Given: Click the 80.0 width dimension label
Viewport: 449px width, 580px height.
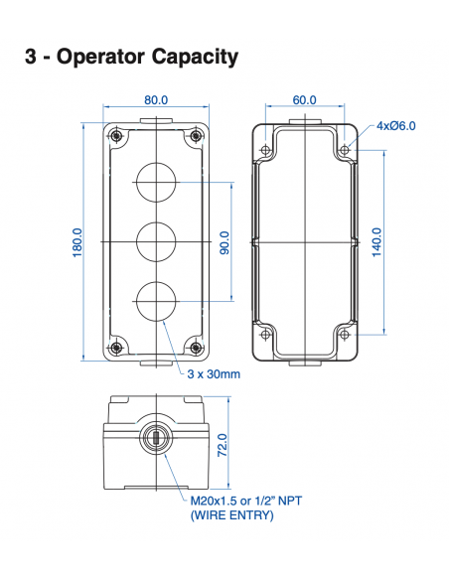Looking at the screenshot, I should pos(156,100).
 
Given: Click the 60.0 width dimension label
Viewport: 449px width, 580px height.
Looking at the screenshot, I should pos(304,100).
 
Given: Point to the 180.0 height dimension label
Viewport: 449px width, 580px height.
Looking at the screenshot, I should pos(76,241).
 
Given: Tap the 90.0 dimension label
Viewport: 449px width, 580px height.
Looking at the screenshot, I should pos(224,241).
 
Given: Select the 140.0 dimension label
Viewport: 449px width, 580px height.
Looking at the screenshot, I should pos(376,241).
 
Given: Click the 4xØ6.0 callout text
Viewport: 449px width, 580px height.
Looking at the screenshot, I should pos(396,126).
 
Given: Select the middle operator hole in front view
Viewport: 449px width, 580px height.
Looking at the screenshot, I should pos(156,241).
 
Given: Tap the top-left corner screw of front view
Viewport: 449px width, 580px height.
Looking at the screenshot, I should pos(116,135).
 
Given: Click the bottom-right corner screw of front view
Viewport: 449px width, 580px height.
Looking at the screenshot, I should pos(195,347).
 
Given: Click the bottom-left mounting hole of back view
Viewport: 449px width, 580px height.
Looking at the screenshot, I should pos(265,333).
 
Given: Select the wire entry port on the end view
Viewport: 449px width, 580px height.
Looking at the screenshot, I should pos(156,437).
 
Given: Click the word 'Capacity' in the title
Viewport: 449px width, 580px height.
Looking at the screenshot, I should pos(188,57).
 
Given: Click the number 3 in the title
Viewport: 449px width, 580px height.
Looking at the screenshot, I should pos(31,57).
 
